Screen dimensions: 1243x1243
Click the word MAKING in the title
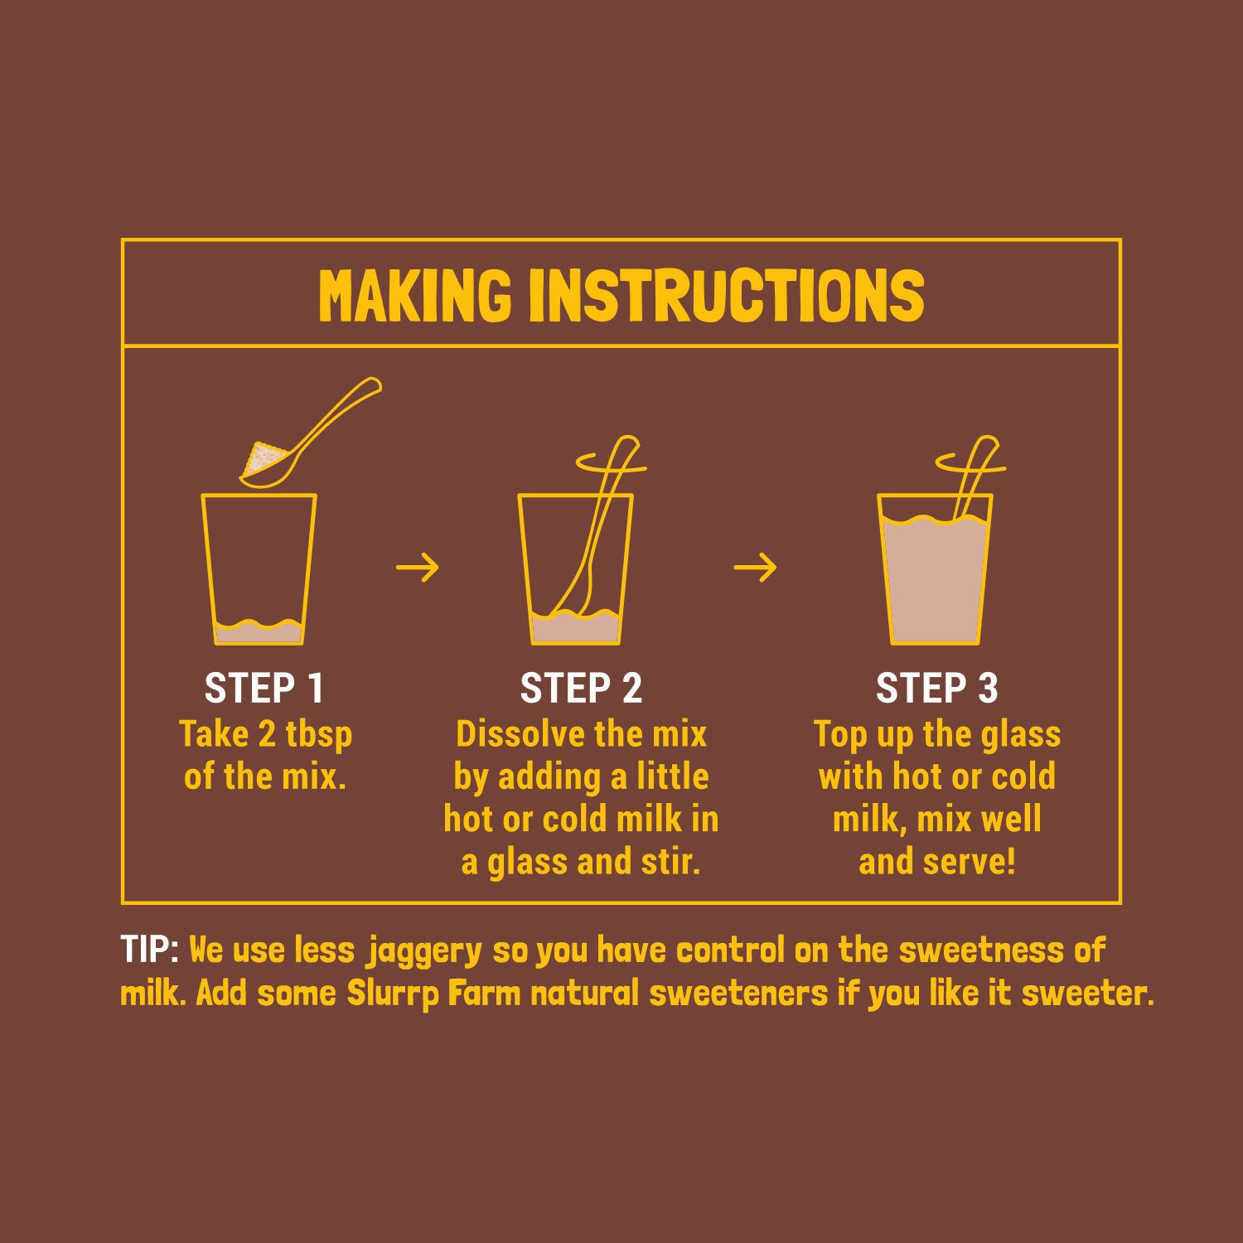pos(415,295)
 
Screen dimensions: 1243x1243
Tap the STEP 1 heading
pos(264,688)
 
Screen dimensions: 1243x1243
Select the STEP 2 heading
pos(581,688)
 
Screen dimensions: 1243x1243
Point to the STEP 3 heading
pos(936,688)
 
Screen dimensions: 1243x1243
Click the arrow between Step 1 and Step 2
pos(418,568)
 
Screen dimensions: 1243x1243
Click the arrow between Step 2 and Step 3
pos(756,568)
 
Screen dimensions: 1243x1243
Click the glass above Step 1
pos(259,569)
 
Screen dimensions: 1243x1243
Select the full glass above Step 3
pos(935,569)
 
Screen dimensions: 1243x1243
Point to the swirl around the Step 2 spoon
pos(611,462)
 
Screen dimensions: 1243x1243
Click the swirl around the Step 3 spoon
pos(970,462)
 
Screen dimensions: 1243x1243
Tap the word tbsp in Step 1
pos(319,735)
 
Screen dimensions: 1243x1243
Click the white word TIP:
pos(150,950)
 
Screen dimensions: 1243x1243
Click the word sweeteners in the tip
pos(738,994)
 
